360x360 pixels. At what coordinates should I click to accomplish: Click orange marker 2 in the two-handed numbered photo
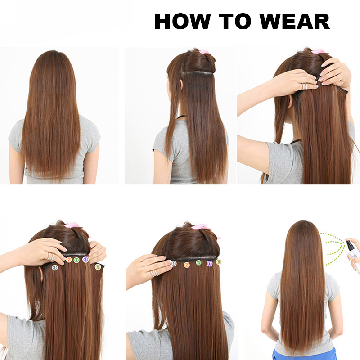tap(68, 260)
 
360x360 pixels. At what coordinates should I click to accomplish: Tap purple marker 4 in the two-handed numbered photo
tap(85, 260)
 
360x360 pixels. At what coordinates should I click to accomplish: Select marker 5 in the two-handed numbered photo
tap(98, 267)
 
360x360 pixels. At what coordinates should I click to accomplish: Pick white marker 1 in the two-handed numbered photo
tap(55, 267)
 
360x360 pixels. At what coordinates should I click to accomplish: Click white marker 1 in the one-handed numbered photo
tap(174, 263)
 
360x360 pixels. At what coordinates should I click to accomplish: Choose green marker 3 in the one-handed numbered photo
tap(198, 262)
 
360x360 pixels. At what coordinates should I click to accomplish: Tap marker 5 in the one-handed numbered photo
tap(219, 261)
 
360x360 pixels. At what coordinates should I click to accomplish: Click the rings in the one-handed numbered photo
tap(154, 272)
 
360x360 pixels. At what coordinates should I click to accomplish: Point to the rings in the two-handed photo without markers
tap(305, 86)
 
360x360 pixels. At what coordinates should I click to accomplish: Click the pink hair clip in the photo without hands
tap(205, 52)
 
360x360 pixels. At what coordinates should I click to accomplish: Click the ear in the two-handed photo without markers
tap(290, 101)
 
